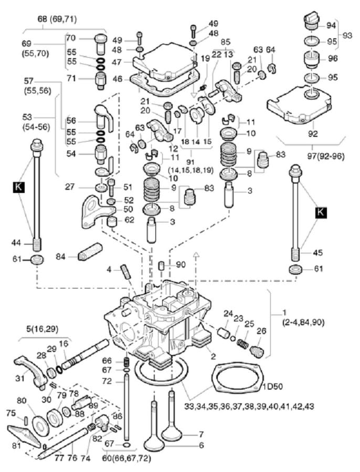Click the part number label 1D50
point(272,386)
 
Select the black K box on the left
point(19,187)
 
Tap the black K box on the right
point(321,212)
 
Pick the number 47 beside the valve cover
point(117,62)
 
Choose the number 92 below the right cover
point(313,133)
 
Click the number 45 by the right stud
point(317,252)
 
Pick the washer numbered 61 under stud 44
point(37,259)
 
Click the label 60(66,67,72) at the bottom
point(127,458)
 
